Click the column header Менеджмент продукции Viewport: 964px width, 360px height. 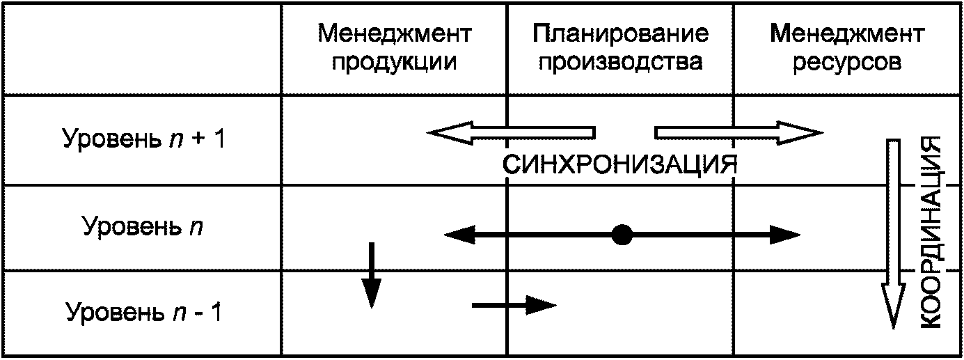[395, 48]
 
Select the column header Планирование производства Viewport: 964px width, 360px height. [621, 48]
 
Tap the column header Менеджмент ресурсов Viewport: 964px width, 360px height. [847, 48]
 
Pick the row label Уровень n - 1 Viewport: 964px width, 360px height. [143, 312]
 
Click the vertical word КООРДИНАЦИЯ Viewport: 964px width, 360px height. [933, 231]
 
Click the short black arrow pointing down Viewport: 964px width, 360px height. [372, 275]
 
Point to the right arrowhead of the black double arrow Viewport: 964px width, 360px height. [787, 235]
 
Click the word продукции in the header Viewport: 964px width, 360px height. [395, 62]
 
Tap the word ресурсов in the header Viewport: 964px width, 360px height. [847, 62]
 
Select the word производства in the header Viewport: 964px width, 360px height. [621, 62]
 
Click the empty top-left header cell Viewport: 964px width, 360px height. [143, 48]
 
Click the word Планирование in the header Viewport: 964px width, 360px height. [621, 33]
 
